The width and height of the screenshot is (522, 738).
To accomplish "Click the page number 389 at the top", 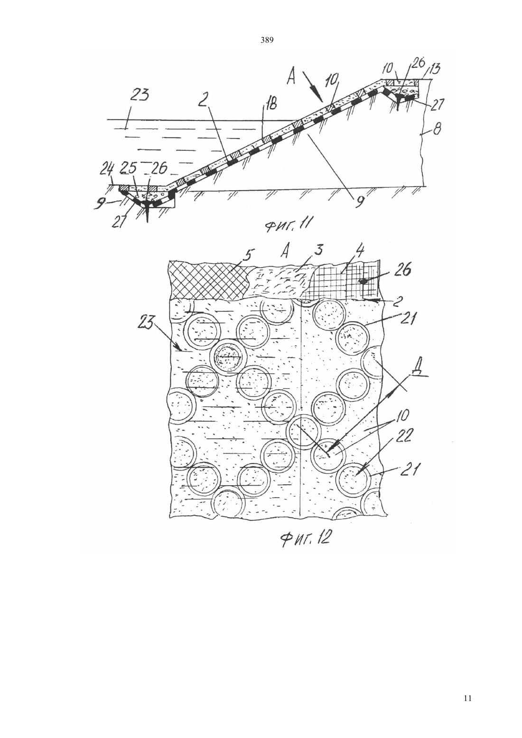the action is [267, 40].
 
